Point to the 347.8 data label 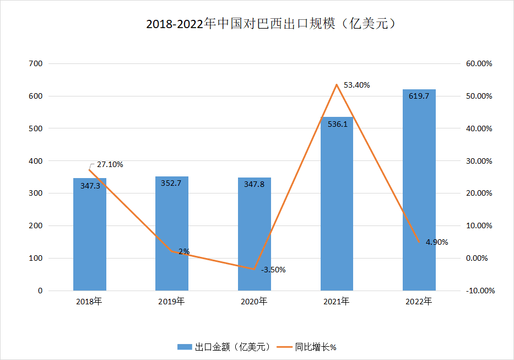pyautogui.click(x=255, y=184)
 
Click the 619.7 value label pyautogui.click(x=419, y=96)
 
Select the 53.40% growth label pyautogui.click(x=356, y=85)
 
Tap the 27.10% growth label pyautogui.click(x=110, y=164)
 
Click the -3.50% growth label pyautogui.click(x=273, y=270)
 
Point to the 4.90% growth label pyautogui.click(x=437, y=242)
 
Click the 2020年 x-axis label pyautogui.click(x=255, y=302)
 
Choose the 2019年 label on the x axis pyautogui.click(x=172, y=302)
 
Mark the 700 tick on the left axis pyautogui.click(x=35, y=63)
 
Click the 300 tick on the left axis pyautogui.click(x=35, y=194)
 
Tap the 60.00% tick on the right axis pyautogui.click(x=478, y=63)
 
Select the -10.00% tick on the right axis pyautogui.click(x=478, y=291)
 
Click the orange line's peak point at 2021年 pyautogui.click(x=337, y=85)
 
